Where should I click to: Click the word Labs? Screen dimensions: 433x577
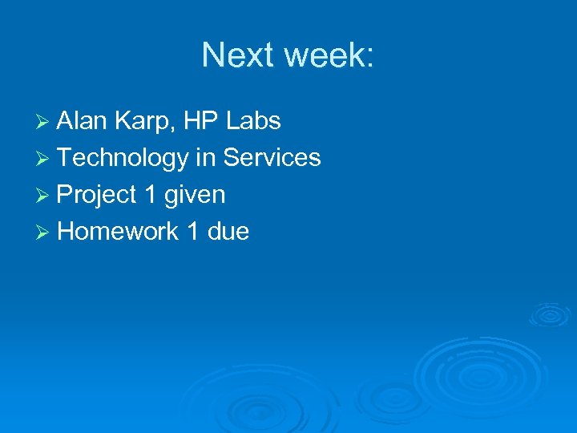(253, 121)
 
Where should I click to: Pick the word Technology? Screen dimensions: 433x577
(122, 159)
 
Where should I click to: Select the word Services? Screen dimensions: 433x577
(272, 158)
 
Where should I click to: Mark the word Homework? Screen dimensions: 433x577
(118, 232)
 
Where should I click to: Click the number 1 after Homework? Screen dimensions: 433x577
(192, 232)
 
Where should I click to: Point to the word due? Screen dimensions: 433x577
(228, 232)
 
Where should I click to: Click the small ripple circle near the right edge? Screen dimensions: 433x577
(551, 314)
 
